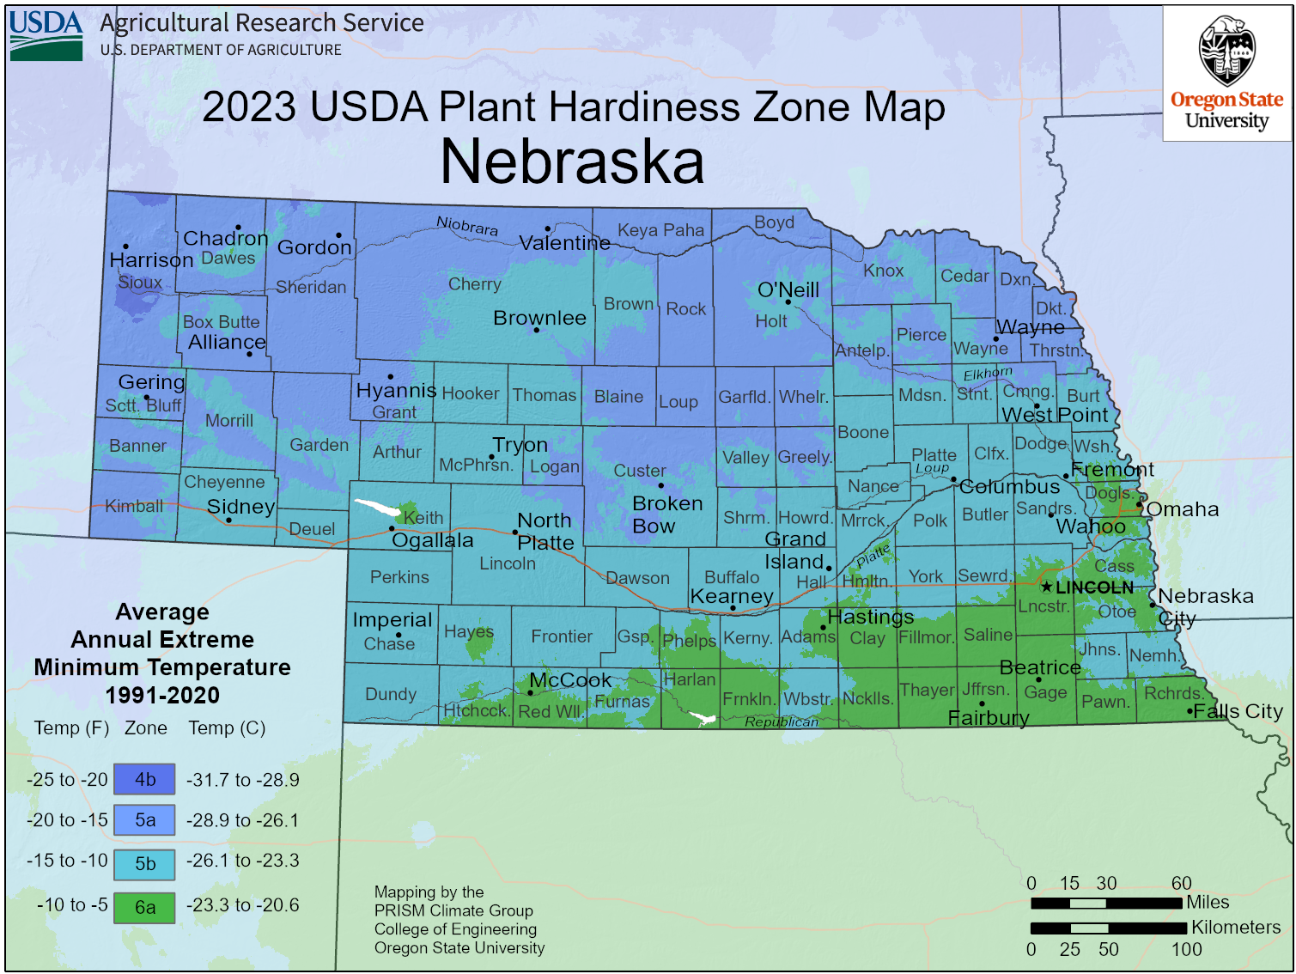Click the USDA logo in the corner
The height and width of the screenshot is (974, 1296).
(x=46, y=35)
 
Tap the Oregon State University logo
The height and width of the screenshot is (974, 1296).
(x=1226, y=74)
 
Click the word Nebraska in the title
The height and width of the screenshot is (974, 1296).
(x=572, y=161)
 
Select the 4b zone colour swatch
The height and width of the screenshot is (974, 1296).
(x=144, y=779)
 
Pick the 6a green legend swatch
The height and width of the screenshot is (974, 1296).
(x=144, y=907)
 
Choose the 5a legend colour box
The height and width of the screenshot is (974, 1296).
(x=144, y=820)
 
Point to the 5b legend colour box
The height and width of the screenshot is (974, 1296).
(x=144, y=863)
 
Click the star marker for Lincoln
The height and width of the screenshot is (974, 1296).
(x=1046, y=587)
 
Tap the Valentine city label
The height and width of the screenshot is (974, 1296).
(x=564, y=243)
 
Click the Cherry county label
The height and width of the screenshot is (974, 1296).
(x=474, y=284)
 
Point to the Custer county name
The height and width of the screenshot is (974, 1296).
(x=639, y=471)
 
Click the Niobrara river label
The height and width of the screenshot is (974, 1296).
(x=466, y=226)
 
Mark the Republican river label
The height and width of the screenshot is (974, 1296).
(x=781, y=721)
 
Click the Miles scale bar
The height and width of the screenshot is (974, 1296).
(x=1106, y=903)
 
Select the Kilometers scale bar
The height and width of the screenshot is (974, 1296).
(x=1108, y=928)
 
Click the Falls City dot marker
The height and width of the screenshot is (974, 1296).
(x=1190, y=711)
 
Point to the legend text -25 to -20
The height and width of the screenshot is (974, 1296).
(x=67, y=780)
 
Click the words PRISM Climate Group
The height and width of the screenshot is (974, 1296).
(x=453, y=910)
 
